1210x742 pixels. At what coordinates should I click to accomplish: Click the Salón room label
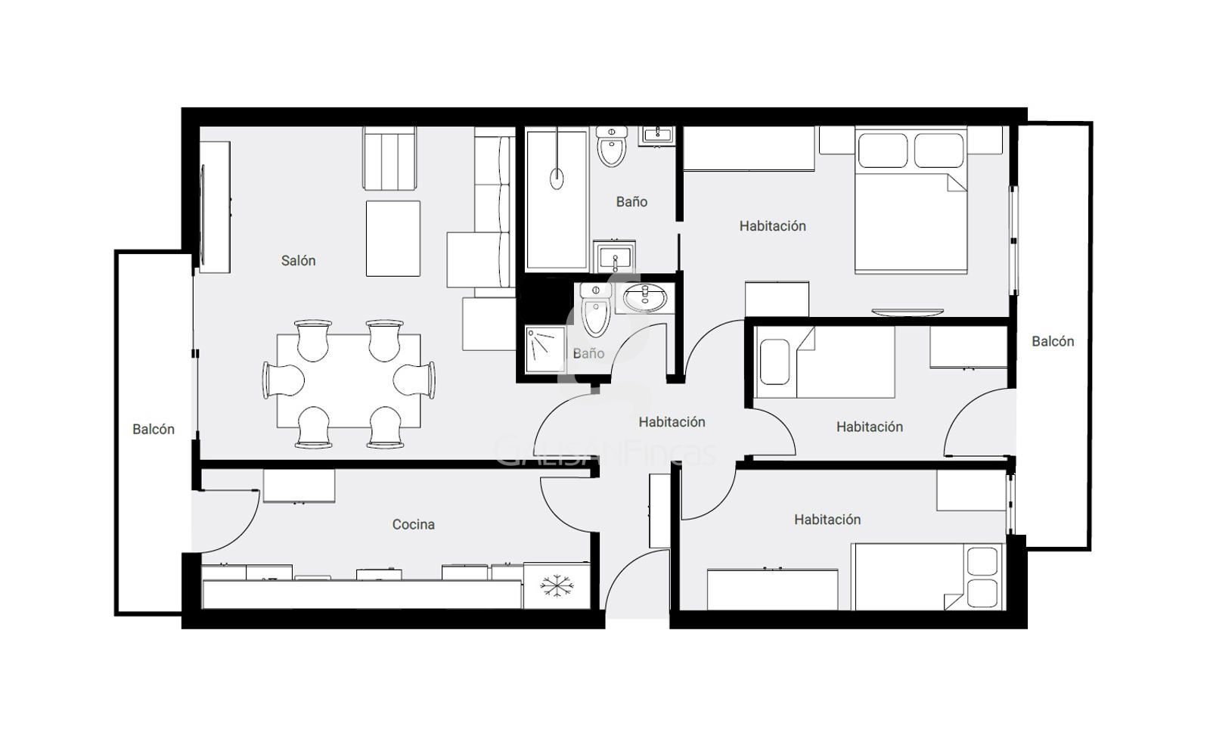tap(298, 260)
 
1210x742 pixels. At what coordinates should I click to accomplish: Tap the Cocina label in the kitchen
tap(413, 524)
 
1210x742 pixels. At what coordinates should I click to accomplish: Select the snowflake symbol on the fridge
tap(557, 586)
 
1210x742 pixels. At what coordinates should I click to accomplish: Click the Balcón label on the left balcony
tap(154, 429)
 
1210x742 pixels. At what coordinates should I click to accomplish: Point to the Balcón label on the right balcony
tap(1053, 341)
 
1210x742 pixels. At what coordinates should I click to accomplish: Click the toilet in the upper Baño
tap(612, 146)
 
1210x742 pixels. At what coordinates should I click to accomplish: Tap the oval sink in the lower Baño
tap(644, 297)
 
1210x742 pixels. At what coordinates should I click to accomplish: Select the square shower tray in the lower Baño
tap(545, 349)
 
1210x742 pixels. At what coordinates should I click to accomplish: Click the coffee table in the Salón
tap(392, 238)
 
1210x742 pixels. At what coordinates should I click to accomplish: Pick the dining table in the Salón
tap(349, 381)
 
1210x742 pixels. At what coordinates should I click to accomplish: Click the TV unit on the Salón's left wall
tap(215, 207)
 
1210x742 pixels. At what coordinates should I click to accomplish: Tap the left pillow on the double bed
tap(883, 151)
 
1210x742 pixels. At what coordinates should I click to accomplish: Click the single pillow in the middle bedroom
tap(774, 362)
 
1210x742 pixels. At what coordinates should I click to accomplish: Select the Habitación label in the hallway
tap(672, 422)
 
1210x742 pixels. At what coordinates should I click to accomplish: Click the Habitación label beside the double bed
tap(772, 226)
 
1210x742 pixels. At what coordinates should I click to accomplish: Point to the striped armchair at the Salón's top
tap(389, 158)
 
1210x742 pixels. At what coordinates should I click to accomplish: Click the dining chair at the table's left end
tap(283, 380)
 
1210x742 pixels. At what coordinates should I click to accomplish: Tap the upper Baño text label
tap(631, 202)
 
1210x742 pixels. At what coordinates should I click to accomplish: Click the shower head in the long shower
tap(557, 178)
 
